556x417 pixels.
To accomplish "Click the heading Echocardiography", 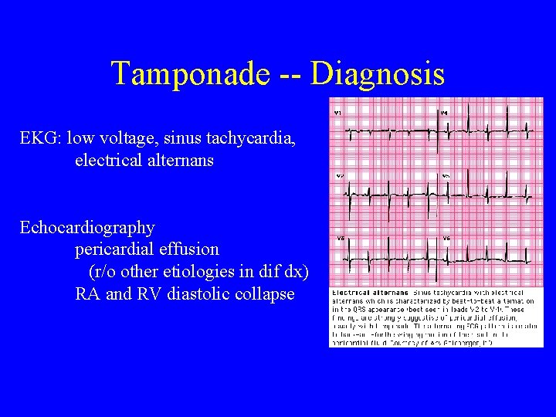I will pyautogui.click(x=87, y=228).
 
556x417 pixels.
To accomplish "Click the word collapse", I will pyautogui.click(x=265, y=294).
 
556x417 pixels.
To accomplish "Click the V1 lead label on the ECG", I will pyautogui.click(x=338, y=114).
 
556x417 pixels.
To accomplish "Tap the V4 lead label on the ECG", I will pyautogui.click(x=443, y=114).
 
